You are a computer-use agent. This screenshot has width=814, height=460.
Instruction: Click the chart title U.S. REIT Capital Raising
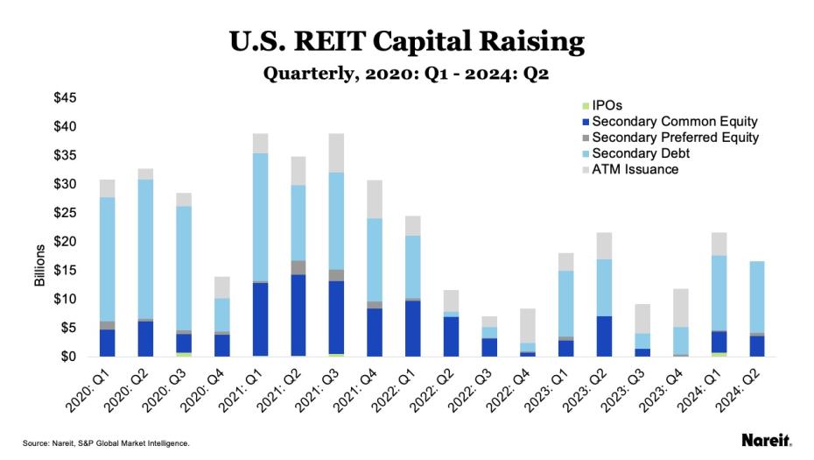[406, 40]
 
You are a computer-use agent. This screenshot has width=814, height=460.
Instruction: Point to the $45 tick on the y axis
[69, 97]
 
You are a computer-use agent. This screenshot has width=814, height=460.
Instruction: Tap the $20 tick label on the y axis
[69, 242]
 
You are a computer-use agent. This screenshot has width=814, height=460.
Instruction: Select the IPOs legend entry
[607, 105]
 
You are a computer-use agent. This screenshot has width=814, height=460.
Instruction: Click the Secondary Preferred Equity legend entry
[675, 138]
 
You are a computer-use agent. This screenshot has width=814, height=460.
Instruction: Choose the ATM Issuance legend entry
[635, 169]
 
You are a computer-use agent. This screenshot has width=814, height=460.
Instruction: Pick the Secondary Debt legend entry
[640, 153]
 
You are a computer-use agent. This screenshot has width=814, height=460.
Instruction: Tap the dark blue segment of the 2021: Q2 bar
[298, 315]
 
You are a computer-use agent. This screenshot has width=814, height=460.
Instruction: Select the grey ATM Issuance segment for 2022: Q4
[527, 325]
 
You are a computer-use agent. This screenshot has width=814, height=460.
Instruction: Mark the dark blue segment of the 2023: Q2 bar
[603, 336]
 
